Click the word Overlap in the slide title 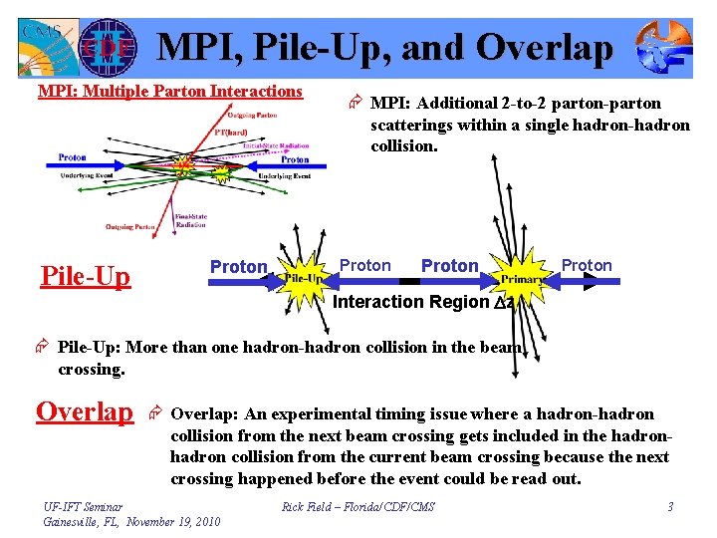pyautogui.click(x=545, y=47)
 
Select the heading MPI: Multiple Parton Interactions pyautogui.click(x=169, y=92)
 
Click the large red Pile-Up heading pyautogui.click(x=86, y=276)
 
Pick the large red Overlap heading pyautogui.click(x=85, y=411)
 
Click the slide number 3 pyautogui.click(x=670, y=507)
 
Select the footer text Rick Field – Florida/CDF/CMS pyautogui.click(x=358, y=507)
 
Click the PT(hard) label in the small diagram pyautogui.click(x=231, y=132)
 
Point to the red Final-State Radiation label pyautogui.click(x=190, y=220)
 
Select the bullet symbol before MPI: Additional pyautogui.click(x=355, y=103)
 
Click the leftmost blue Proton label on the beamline pyautogui.click(x=238, y=267)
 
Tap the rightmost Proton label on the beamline pyautogui.click(x=587, y=265)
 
